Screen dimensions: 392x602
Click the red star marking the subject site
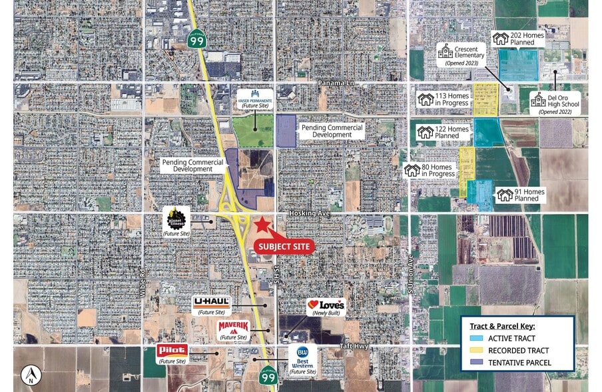pyautogui.click(x=263, y=225)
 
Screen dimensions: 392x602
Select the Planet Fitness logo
pyautogui.click(x=176, y=217)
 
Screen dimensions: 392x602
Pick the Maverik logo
pyautogui.click(x=232, y=327)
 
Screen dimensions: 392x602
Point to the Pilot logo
pyautogui.click(x=172, y=350)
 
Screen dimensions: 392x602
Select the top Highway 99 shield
pyautogui.click(x=197, y=39)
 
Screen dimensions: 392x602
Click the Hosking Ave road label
pyautogui.click(x=310, y=213)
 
